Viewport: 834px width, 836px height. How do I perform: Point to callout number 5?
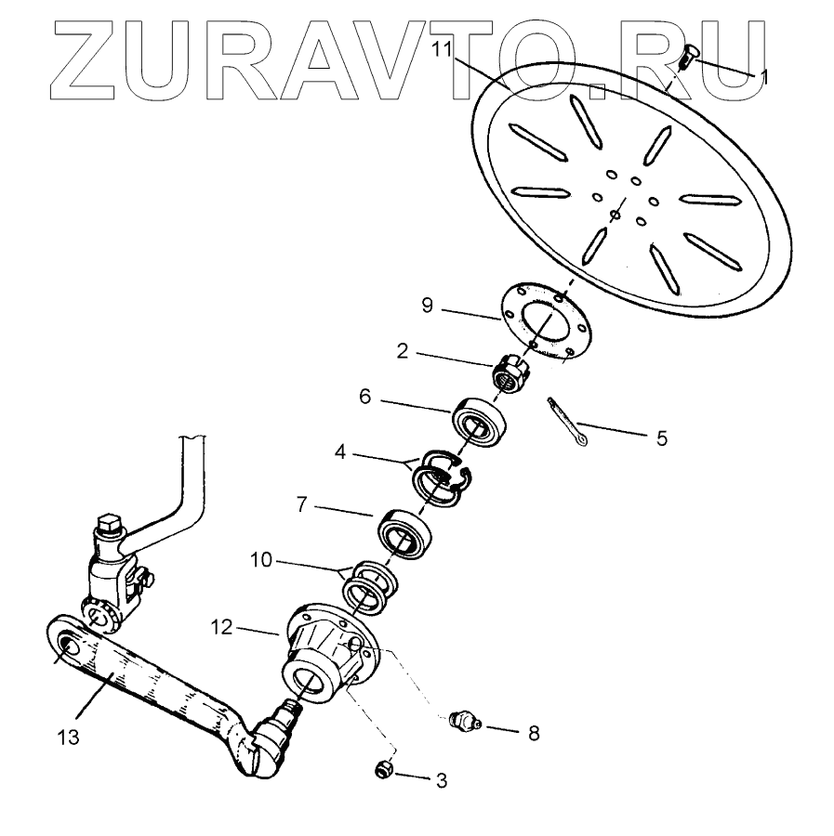point(661,438)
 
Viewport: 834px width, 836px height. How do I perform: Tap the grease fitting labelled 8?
point(462,722)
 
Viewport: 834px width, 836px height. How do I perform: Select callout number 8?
point(534,733)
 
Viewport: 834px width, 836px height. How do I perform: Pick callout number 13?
point(64,738)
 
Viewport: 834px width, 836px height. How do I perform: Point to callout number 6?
point(365,396)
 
